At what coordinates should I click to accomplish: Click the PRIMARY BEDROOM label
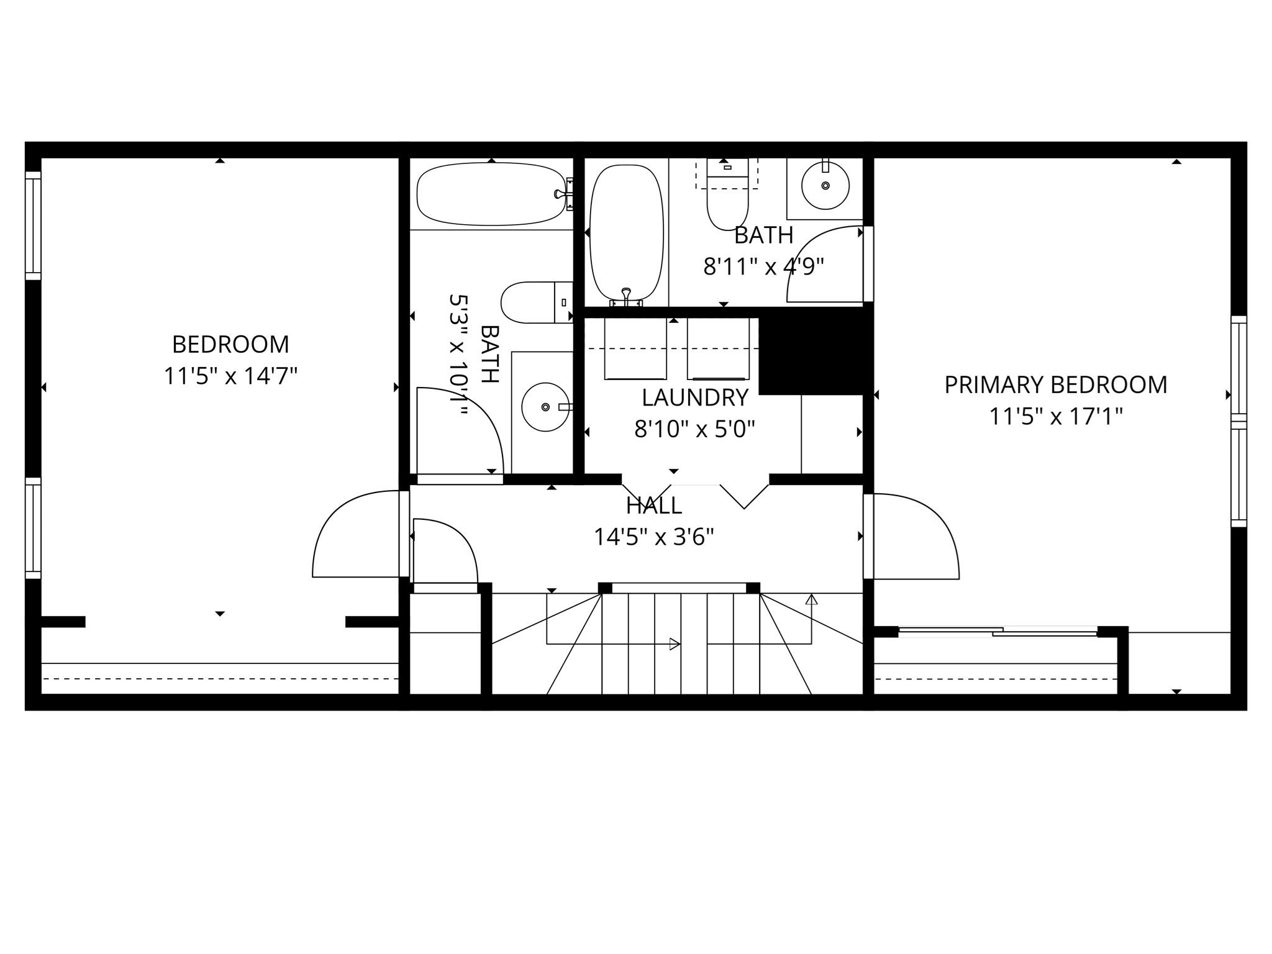coord(1055,384)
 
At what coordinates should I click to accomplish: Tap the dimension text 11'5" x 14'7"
coord(230,376)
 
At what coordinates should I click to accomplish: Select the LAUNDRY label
coord(694,397)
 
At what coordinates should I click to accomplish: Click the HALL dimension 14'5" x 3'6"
coord(653,537)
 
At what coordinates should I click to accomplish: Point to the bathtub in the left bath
coord(491,194)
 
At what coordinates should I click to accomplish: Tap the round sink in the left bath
coord(545,407)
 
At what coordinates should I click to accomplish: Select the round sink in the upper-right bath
coord(825,186)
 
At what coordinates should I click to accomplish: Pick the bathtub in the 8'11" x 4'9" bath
coord(626,233)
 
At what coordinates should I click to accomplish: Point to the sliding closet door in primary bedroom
coord(997,632)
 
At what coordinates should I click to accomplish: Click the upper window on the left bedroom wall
coord(33,225)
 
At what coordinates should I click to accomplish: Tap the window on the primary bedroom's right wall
coord(1238,422)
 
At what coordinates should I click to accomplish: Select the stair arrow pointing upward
coord(811,600)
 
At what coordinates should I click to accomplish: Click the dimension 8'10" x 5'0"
coord(694,429)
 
